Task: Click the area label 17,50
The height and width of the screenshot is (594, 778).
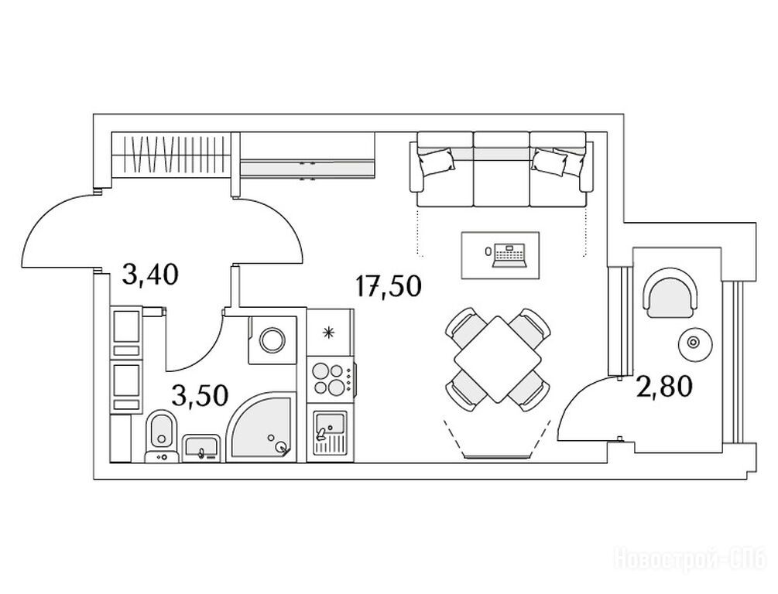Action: [389, 286]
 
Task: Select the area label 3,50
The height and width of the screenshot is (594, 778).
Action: [200, 395]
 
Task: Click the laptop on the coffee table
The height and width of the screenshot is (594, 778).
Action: [509, 254]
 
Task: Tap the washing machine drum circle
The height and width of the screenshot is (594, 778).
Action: [272, 340]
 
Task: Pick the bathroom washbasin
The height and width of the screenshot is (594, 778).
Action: [203, 448]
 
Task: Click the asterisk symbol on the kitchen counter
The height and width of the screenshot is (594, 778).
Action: [329, 333]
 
